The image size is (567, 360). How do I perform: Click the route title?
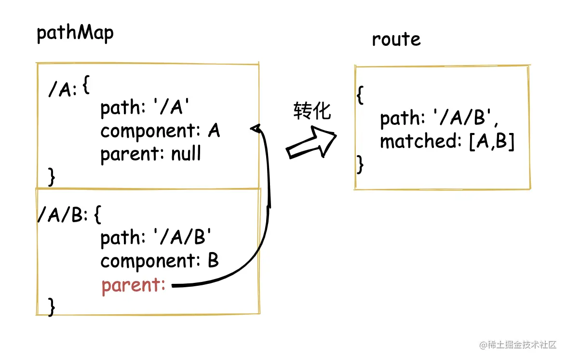(x=396, y=39)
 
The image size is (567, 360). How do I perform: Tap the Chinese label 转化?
(x=312, y=111)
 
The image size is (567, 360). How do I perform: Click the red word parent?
(x=134, y=285)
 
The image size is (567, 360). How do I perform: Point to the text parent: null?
(x=150, y=154)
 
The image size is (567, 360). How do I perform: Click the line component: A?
(x=160, y=131)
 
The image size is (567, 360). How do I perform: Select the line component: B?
(x=160, y=261)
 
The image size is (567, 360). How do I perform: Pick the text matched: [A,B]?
(x=447, y=142)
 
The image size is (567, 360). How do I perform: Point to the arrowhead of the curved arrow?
(x=256, y=128)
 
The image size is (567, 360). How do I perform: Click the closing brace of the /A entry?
(x=52, y=177)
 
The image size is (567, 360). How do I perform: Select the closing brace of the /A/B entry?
(x=52, y=306)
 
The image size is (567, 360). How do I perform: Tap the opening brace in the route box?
(x=359, y=95)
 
